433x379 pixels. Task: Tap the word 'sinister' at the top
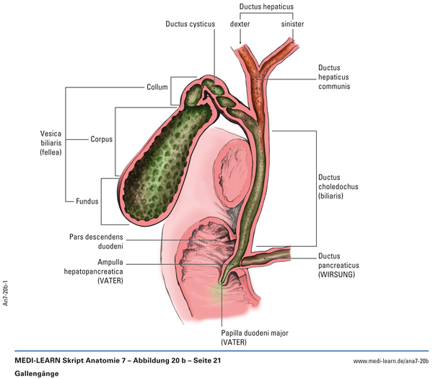pos(292,24)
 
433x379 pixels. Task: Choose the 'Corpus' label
pos(102,139)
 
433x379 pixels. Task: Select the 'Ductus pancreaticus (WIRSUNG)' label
pos(342,265)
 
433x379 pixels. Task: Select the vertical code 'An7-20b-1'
pos(6,287)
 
